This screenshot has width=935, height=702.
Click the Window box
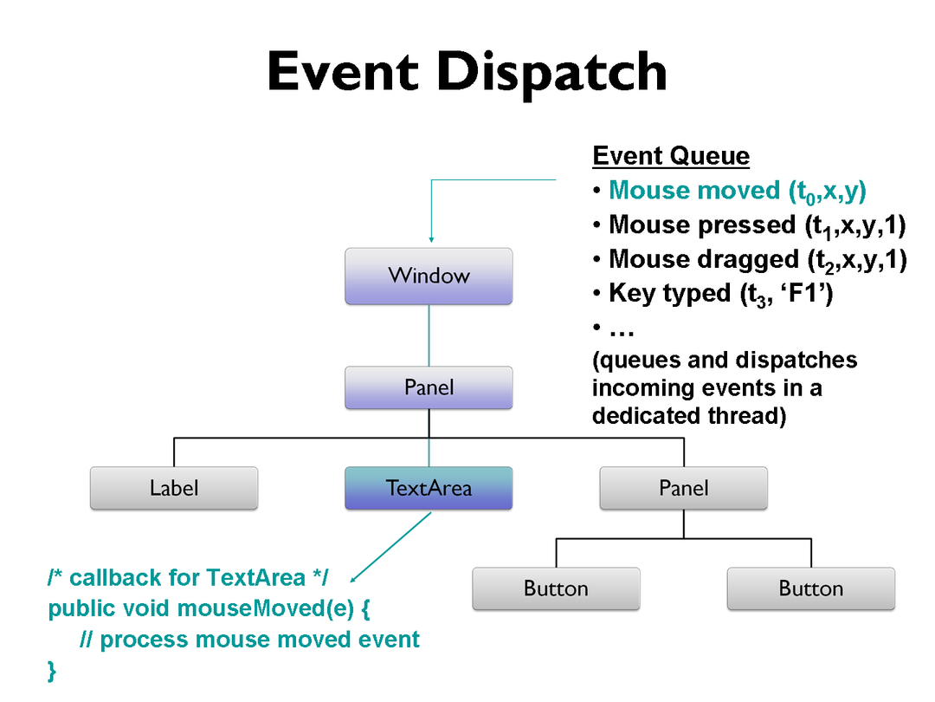429,276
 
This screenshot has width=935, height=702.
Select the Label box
174,488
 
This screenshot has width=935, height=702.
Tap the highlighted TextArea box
429,488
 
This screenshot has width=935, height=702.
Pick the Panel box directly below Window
429,387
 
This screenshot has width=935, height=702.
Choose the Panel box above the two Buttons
683,488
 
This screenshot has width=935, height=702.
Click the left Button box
556,588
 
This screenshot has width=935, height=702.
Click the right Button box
810,588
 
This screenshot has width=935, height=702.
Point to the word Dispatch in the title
552,73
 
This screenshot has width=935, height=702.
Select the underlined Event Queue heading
671,157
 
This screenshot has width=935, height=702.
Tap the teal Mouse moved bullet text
738,192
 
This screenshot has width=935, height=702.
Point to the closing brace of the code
52,670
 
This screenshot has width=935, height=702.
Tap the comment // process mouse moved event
249,640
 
